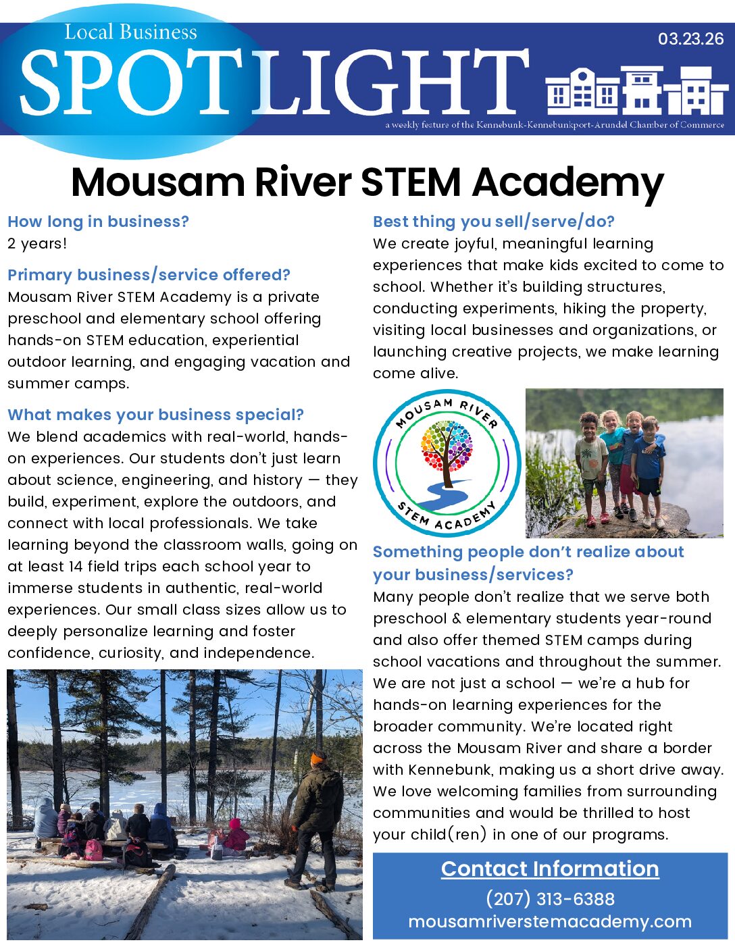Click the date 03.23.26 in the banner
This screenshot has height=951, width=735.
pos(690,39)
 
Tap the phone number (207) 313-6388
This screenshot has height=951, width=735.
pos(550,899)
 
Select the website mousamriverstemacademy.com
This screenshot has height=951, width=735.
pos(550,922)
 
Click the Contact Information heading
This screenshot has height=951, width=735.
pos(550,869)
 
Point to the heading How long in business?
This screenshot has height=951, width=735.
pos(98,222)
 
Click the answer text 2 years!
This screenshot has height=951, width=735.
pos(37,244)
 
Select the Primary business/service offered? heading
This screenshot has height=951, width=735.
pos(149,275)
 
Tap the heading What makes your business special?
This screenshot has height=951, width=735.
pos(155,415)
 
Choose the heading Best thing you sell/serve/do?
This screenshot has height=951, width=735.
pos(493,222)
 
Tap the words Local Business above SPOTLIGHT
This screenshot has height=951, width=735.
pos(130,32)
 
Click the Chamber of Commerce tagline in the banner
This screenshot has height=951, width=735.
pos(555,125)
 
